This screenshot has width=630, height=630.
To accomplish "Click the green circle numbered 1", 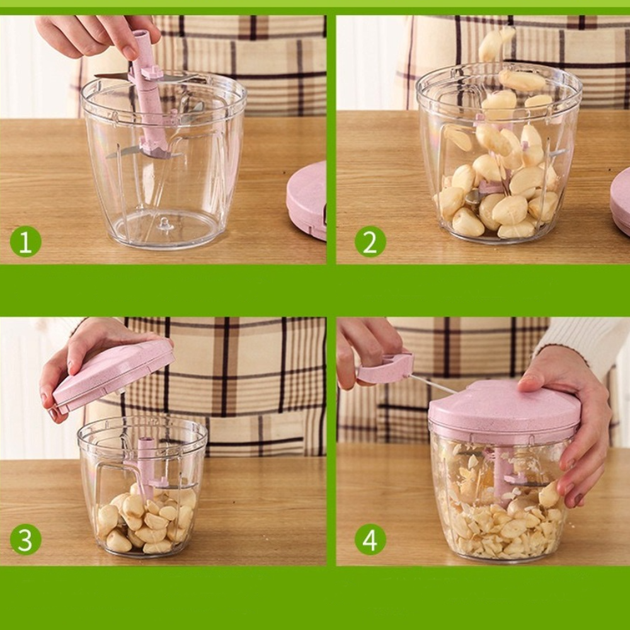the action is coord(25,241).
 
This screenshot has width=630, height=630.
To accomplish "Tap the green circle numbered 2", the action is coord(370,241).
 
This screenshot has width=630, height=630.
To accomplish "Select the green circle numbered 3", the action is coord(25,539).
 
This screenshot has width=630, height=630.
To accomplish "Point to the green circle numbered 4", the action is coord(370,539).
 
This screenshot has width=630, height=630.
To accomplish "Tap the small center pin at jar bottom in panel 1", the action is coord(165,224).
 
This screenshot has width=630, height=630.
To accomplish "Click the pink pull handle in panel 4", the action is coord(385,368).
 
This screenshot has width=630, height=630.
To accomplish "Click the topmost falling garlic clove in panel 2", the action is coord(495,43).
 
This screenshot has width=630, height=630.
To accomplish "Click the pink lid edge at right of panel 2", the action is coord(621,201).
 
